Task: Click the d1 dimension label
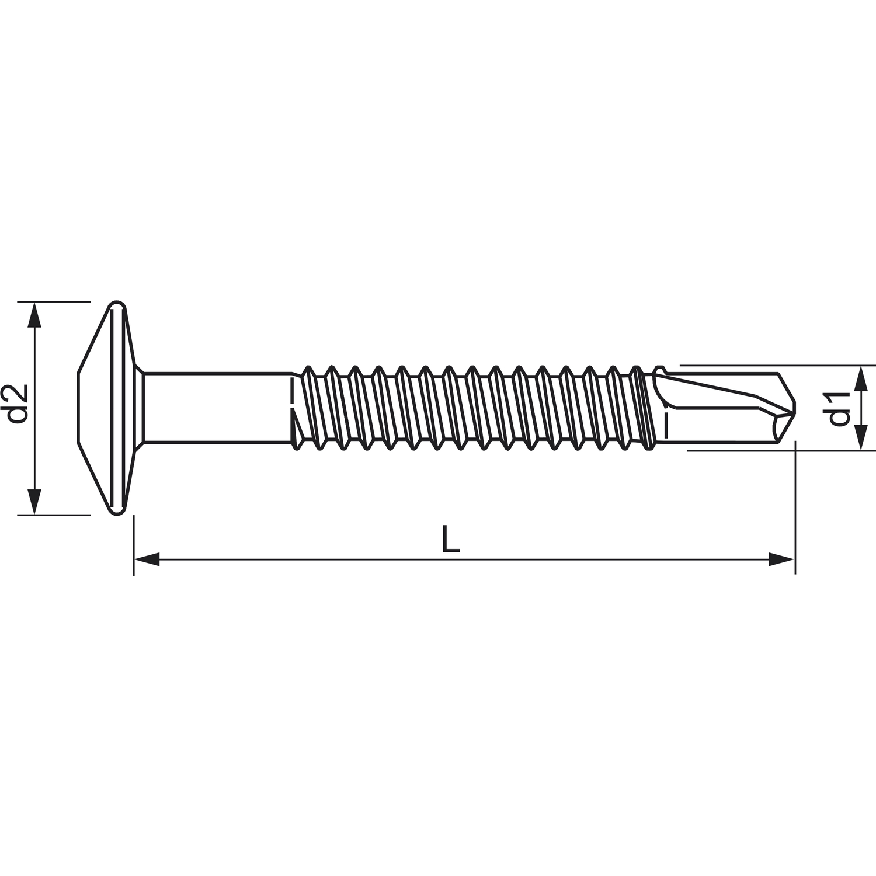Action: tap(838, 408)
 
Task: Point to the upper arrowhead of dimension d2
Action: tap(35, 315)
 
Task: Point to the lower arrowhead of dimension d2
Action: tap(35, 501)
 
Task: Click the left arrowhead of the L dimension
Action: tap(147, 559)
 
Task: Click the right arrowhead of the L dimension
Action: tap(781, 559)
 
